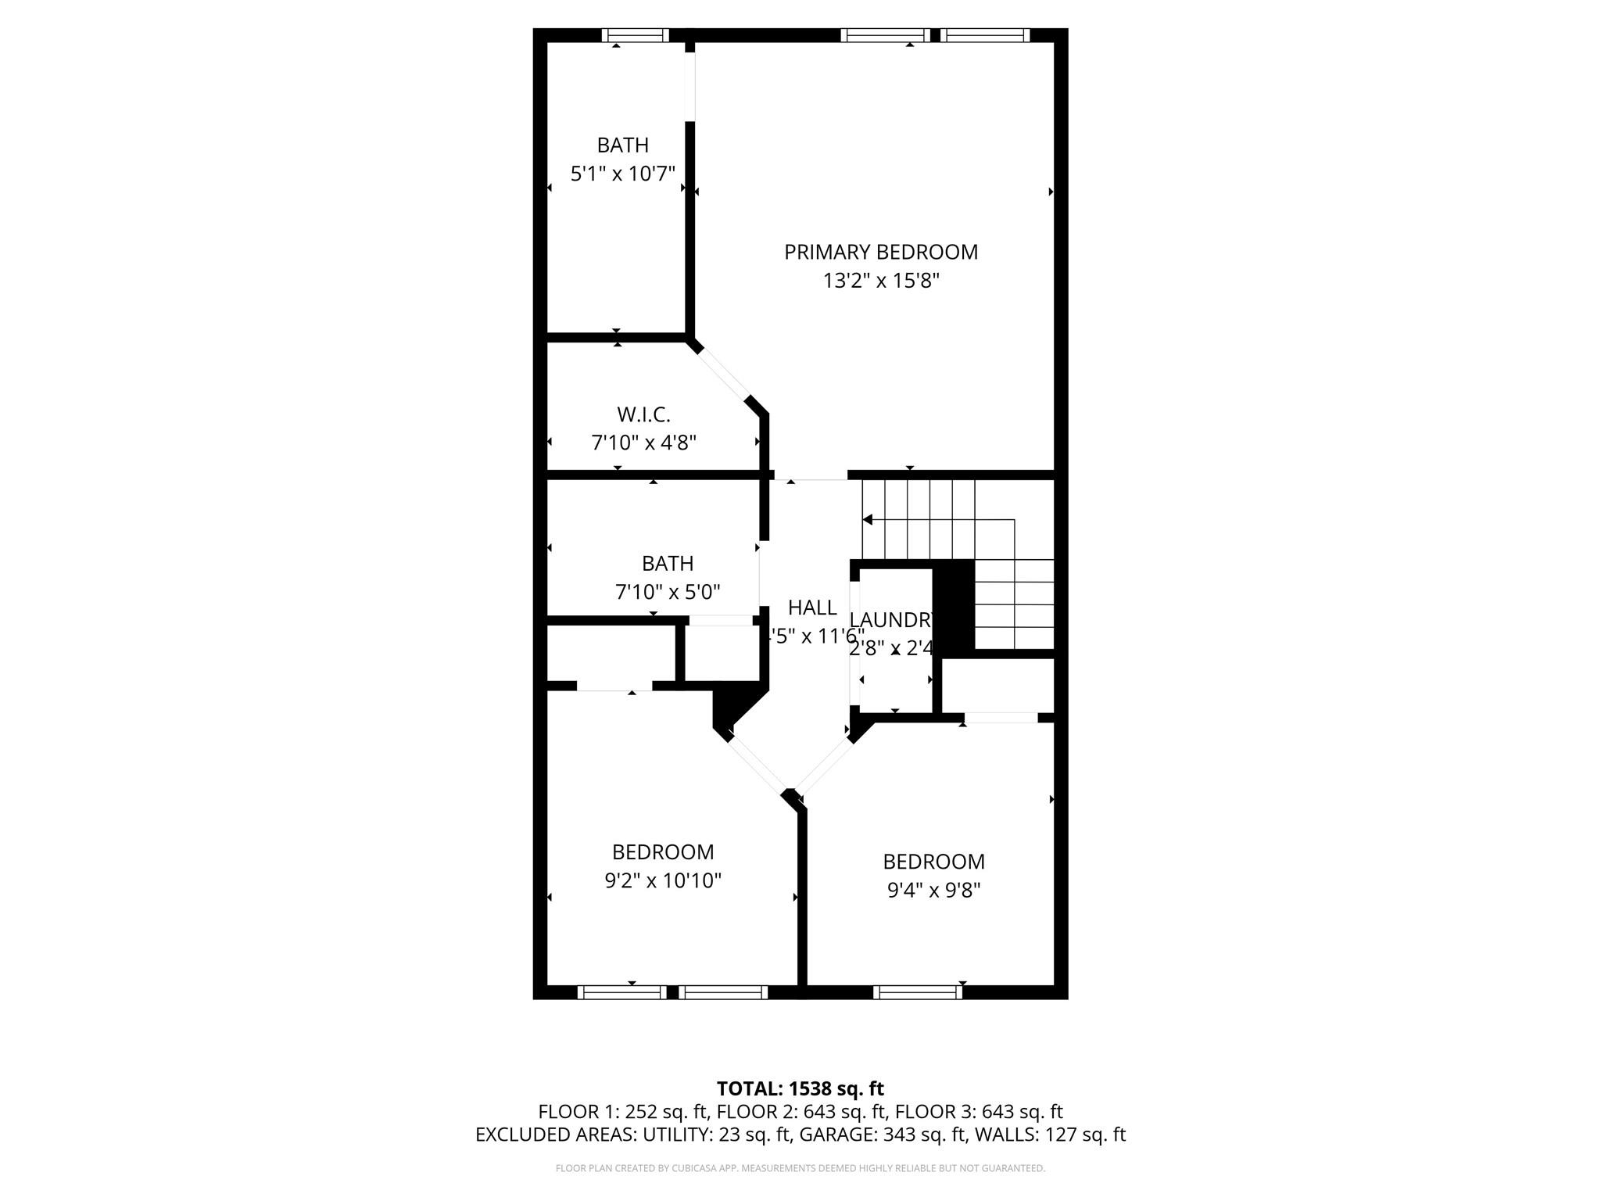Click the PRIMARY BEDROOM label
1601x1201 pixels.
pyautogui.click(x=881, y=252)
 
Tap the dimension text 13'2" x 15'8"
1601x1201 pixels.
pyautogui.click(x=881, y=281)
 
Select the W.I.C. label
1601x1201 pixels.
pyautogui.click(x=643, y=414)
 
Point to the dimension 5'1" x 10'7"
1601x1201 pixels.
pyautogui.click(x=622, y=174)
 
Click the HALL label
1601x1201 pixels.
pyautogui.click(x=812, y=608)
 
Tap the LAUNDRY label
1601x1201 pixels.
pyautogui.click(x=892, y=620)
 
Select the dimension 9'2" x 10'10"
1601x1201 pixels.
pyautogui.click(x=662, y=880)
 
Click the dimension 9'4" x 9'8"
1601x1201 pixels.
pyautogui.click(x=933, y=890)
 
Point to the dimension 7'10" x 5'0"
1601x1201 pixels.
pyautogui.click(x=668, y=592)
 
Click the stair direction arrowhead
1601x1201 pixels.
pyautogui.click(x=867, y=520)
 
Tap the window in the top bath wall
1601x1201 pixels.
pyautogui.click(x=635, y=34)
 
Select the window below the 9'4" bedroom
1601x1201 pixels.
pyautogui.click(x=918, y=991)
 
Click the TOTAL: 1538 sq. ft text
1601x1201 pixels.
pyautogui.click(x=800, y=1088)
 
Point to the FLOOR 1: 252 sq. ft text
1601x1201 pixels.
pyautogui.click(x=622, y=1112)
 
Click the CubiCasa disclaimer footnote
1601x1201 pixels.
pyautogui.click(x=800, y=1168)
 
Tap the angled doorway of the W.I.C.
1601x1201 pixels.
pyautogui.click(x=722, y=374)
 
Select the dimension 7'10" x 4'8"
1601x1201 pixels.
pyautogui.click(x=643, y=443)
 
